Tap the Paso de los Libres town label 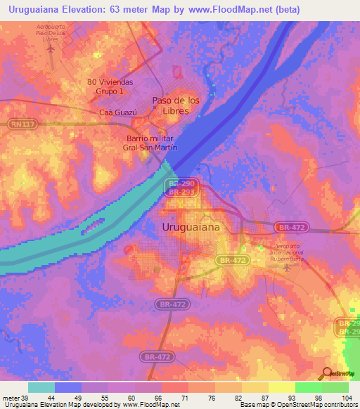coord(176,105)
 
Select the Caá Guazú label coord(116,112)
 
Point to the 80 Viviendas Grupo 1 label coord(110,86)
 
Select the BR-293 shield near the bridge coord(182,191)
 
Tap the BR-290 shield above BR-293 coord(182,183)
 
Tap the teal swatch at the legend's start coord(41,387)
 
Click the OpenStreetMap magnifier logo coord(327,373)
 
